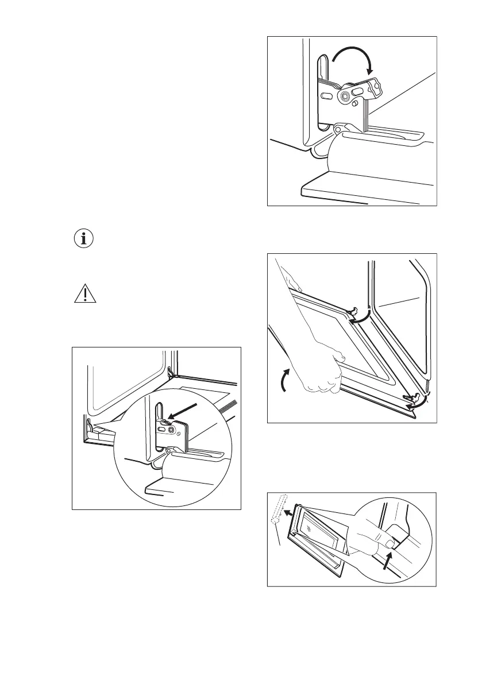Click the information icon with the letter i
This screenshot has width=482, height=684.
point(84,239)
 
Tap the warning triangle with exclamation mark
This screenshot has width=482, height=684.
point(84,294)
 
